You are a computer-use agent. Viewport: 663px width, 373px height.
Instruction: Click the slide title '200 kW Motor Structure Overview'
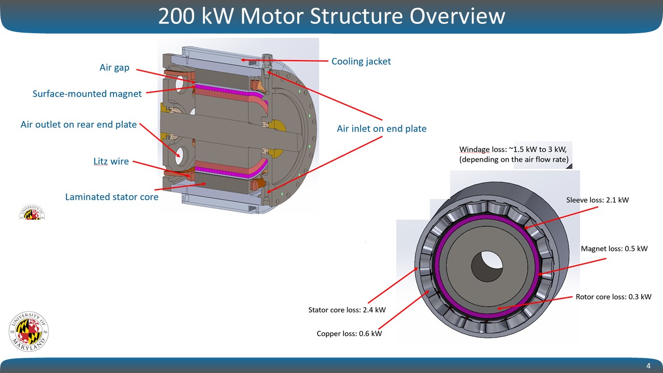pyautogui.click(x=331, y=16)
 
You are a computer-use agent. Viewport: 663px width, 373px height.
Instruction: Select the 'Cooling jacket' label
pyautogui.click(x=361, y=62)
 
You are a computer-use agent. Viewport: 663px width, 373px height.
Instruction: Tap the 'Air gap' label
pyautogui.click(x=114, y=67)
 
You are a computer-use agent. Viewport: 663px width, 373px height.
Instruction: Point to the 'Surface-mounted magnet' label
pyautogui.click(x=87, y=94)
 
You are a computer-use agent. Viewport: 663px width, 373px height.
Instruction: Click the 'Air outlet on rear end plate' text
pyautogui.click(x=79, y=124)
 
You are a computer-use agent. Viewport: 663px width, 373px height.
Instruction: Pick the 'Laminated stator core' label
pyautogui.click(x=112, y=197)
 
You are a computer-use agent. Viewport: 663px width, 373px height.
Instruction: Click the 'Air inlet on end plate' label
pyautogui.click(x=382, y=128)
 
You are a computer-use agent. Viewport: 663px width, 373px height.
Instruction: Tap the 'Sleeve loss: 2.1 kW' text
pyautogui.click(x=597, y=200)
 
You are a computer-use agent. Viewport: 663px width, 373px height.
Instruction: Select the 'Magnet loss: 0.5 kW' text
pyautogui.click(x=614, y=249)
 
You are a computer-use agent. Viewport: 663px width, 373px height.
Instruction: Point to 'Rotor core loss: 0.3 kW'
pyautogui.click(x=613, y=297)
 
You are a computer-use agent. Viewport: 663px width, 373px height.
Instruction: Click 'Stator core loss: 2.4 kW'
pyautogui.click(x=347, y=310)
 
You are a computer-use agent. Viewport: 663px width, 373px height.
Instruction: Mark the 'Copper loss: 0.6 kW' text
pyautogui.click(x=349, y=334)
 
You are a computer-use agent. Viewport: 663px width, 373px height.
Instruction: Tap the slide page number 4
pyautogui.click(x=648, y=366)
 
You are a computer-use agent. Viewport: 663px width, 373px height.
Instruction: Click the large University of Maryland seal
pyautogui.click(x=29, y=332)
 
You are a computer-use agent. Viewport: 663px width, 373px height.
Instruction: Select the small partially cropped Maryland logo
pyautogui.click(x=32, y=212)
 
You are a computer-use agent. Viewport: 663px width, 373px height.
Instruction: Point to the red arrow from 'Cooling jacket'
pyautogui.click(x=285, y=61)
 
